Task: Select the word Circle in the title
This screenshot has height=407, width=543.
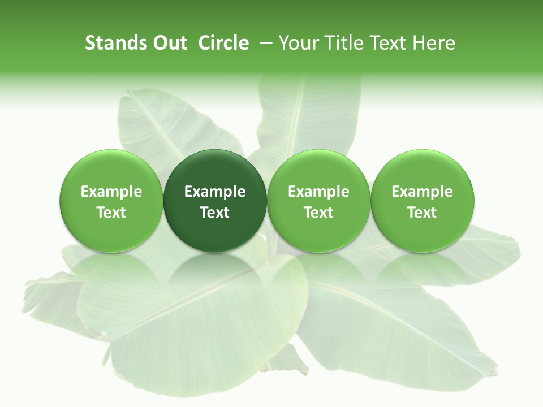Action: click(x=223, y=43)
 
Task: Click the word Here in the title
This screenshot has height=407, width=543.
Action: click(x=434, y=43)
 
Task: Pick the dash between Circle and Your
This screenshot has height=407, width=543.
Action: click(x=264, y=43)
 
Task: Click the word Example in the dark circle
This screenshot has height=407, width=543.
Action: click(x=215, y=192)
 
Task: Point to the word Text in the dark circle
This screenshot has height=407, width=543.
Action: click(x=215, y=213)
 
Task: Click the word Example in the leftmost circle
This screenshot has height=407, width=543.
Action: click(x=111, y=192)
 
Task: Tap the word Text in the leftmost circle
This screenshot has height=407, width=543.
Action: click(x=111, y=213)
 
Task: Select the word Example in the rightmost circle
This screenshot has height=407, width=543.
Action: click(x=423, y=192)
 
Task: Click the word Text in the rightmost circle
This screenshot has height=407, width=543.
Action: click(x=423, y=213)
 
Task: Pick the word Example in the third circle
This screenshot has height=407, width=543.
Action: click(x=318, y=192)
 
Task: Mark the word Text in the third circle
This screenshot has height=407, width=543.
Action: click(x=318, y=213)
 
